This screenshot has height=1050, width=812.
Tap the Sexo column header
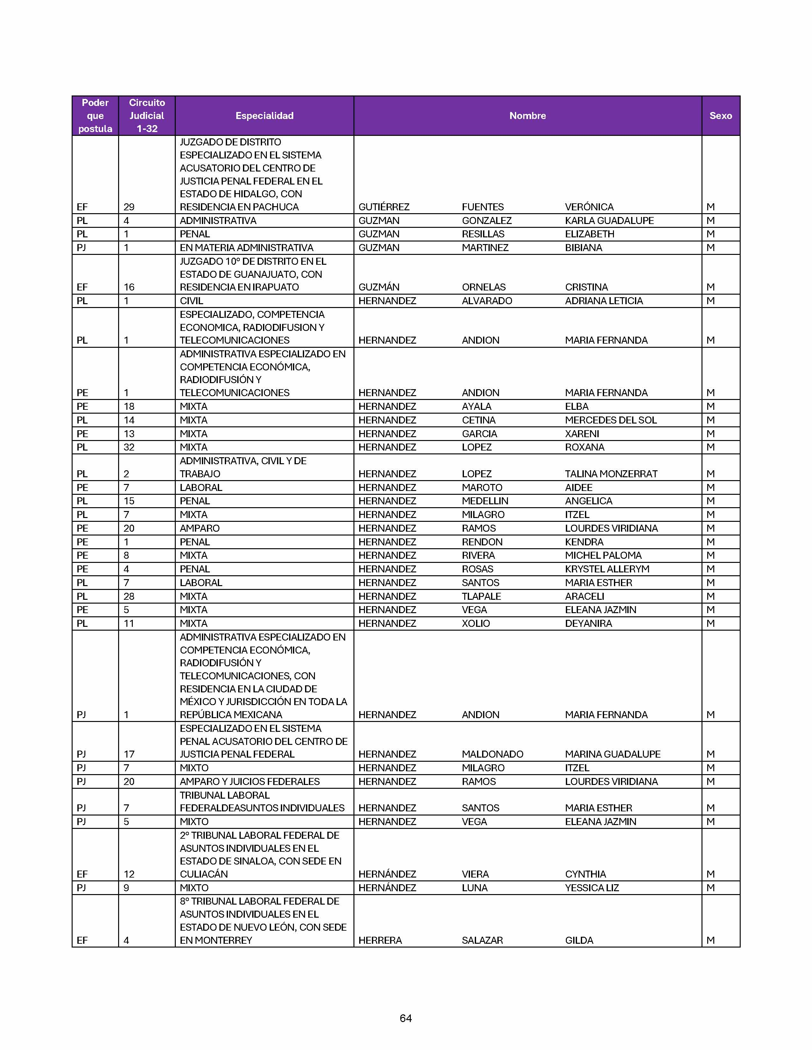coord(720,116)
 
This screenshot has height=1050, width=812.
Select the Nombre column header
coord(527,116)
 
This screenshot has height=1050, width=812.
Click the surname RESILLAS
coord(483,234)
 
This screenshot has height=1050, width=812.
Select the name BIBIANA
coord(583,248)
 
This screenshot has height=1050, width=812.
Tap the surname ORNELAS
coord(483,287)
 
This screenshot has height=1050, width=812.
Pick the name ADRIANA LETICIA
coord(604,301)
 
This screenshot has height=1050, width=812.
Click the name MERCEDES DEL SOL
coord(610,420)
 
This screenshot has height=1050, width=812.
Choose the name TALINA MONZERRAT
coord(611,474)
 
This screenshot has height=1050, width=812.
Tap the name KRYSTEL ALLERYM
coord(607,569)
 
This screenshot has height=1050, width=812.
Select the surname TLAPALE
coord(481,597)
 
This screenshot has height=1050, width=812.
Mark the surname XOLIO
coord(476,624)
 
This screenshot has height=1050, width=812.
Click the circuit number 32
coord(129,447)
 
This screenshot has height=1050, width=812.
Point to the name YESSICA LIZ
coord(592,888)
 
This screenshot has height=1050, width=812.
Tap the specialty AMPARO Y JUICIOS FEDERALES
coord(250,782)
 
